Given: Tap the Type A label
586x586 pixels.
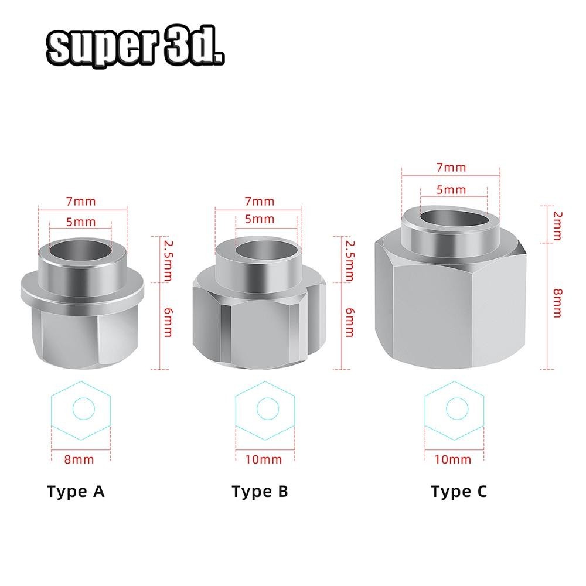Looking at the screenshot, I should click(76, 491).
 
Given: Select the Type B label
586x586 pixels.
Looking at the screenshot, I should click(260, 491).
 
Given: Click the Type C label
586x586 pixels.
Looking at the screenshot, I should click(458, 491).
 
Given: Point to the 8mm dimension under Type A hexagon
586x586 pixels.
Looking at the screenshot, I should click(79, 459).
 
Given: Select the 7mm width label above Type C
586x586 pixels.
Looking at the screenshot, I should click(452, 168).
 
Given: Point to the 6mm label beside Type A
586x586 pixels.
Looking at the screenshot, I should click(168, 323).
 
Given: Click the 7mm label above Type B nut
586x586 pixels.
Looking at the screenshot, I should click(260, 202).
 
